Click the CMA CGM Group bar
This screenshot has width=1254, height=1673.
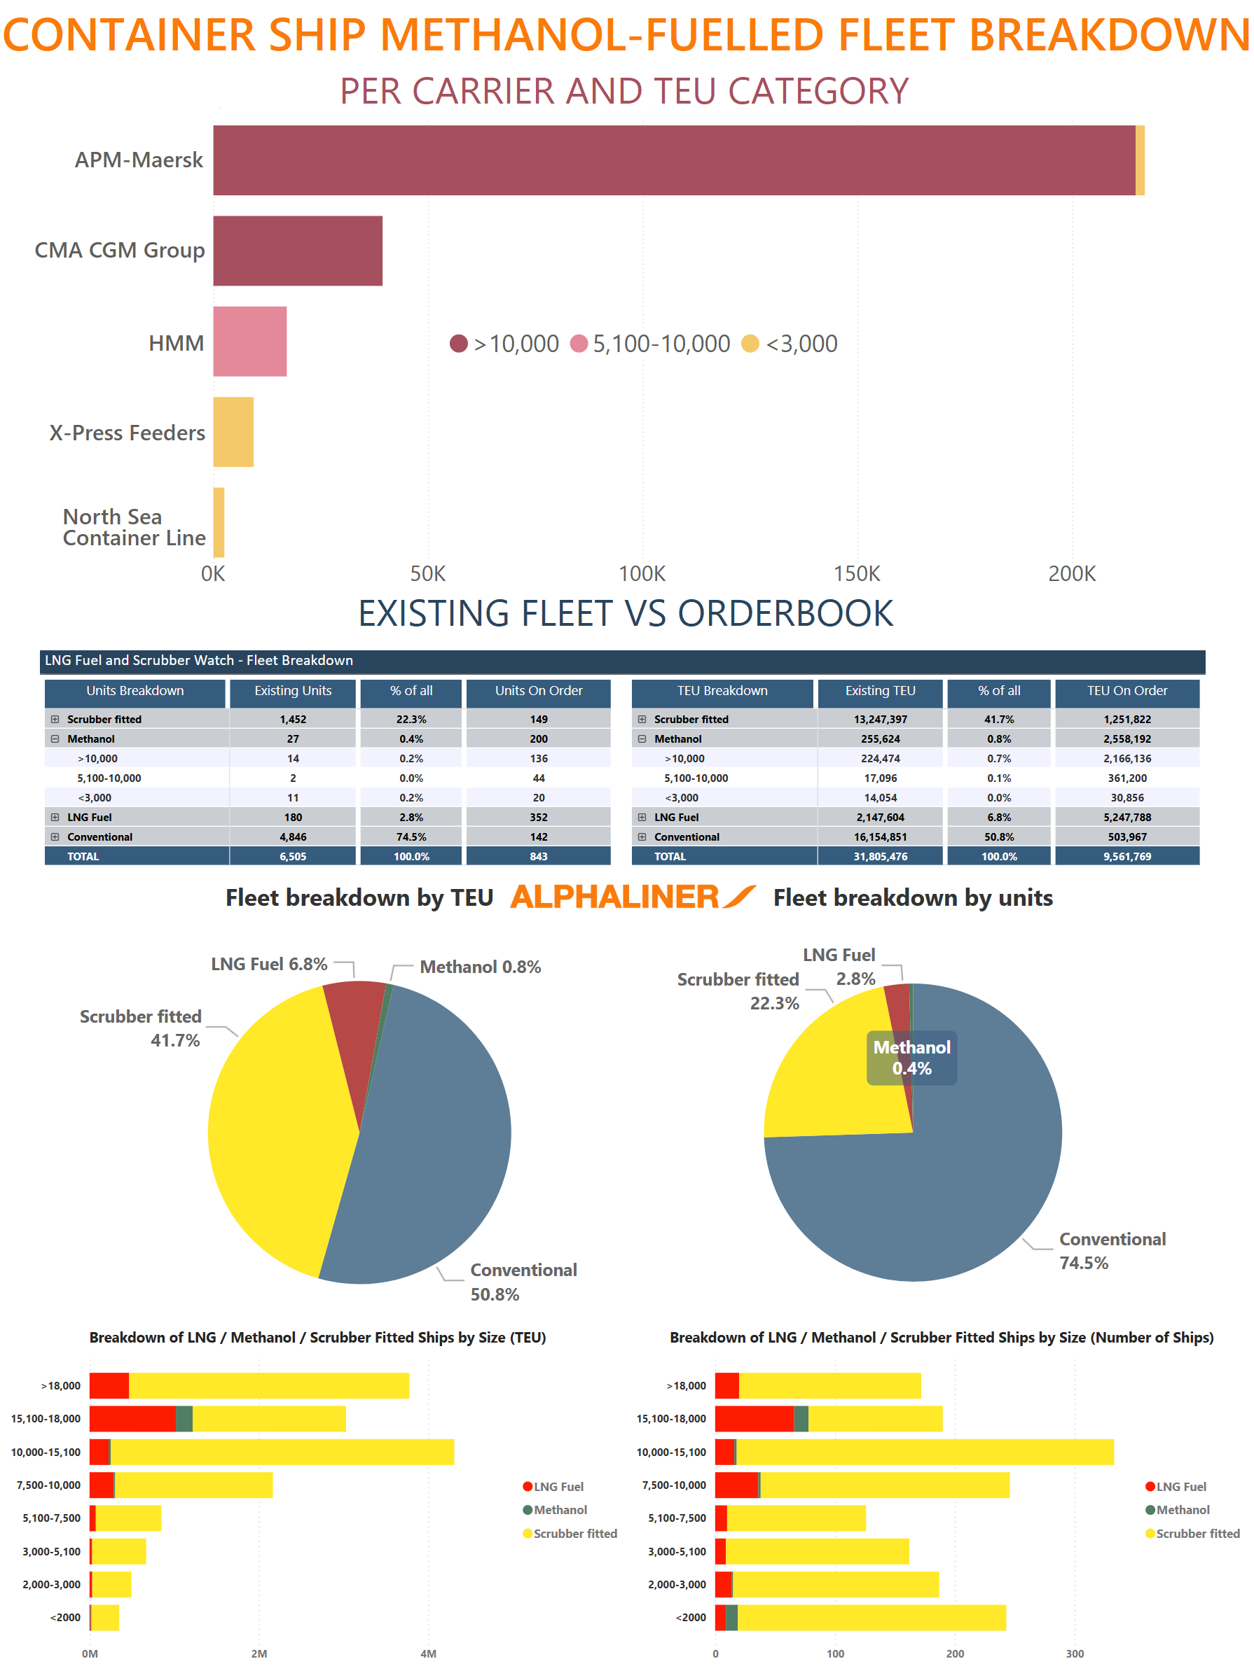(298, 251)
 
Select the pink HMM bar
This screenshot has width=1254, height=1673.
(249, 342)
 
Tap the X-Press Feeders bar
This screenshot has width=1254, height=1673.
(233, 432)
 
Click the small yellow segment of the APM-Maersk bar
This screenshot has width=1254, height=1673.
(1140, 160)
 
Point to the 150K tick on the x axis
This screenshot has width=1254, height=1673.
(857, 574)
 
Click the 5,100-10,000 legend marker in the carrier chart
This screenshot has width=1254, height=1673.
(579, 344)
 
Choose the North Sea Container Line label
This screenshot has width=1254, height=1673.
(134, 527)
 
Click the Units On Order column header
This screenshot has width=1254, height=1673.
(538, 690)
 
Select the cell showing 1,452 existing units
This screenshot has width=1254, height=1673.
(293, 720)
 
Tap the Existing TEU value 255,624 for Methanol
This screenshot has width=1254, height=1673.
(879, 739)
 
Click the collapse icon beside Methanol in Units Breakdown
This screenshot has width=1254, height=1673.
(55, 739)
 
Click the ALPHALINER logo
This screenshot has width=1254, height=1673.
(632, 897)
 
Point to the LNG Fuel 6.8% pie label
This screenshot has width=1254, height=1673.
(268, 965)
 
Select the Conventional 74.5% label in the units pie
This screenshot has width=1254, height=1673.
(1111, 1251)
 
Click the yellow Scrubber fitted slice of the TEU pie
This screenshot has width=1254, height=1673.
(280, 1135)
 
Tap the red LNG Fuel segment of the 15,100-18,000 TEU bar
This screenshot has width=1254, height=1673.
(132, 1419)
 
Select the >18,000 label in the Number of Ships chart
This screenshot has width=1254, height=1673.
(685, 1385)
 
